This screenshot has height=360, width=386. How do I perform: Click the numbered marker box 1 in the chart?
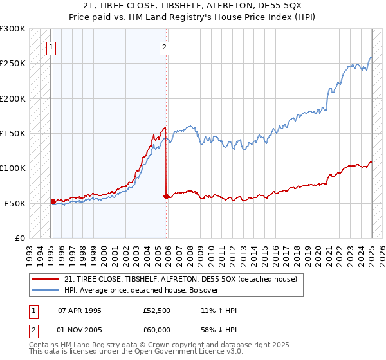(51, 46)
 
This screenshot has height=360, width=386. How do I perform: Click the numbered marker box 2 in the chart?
(165, 46)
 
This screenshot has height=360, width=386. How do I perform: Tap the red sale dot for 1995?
(53, 201)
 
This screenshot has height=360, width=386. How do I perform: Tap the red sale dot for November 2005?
(166, 196)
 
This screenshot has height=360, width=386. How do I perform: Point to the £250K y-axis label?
(12, 64)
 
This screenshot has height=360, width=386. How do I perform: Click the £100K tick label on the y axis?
(12, 168)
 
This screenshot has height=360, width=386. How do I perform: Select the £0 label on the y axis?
(20, 238)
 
